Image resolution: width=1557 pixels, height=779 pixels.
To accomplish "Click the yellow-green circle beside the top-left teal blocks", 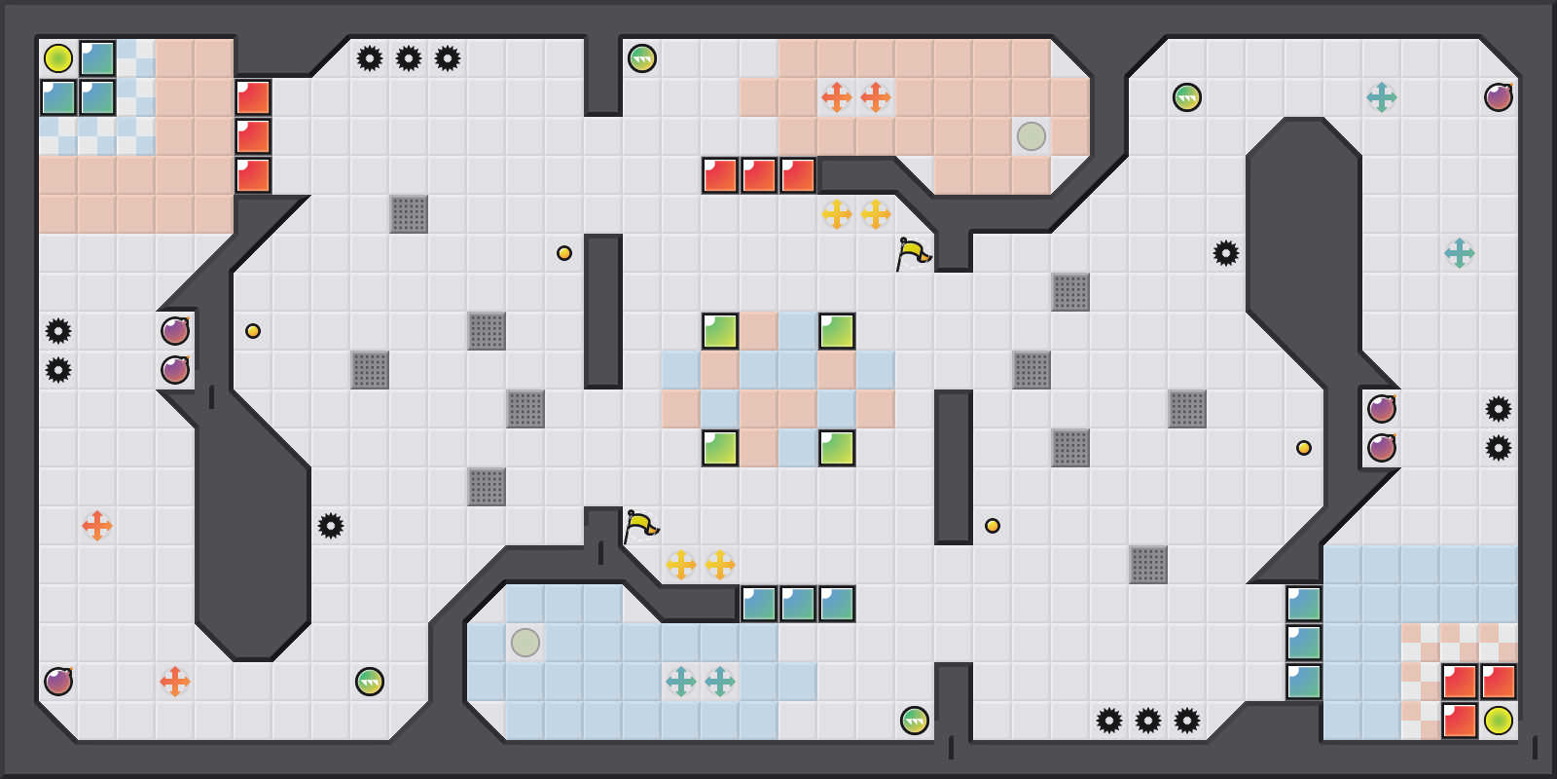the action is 58,58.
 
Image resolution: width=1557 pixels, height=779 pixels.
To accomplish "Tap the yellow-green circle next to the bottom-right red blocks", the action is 1499,721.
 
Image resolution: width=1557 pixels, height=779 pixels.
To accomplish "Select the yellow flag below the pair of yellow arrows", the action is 913,253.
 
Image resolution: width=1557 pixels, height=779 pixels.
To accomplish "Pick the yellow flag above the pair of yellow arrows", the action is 640,526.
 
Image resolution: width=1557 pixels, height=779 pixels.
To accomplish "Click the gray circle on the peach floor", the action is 1032,136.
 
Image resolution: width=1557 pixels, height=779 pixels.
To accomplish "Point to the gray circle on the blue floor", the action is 525,643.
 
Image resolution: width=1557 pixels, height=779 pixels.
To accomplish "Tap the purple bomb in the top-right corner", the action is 1499,97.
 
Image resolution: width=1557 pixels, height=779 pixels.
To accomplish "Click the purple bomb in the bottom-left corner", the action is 58,682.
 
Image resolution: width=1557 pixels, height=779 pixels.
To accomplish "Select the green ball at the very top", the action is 642,58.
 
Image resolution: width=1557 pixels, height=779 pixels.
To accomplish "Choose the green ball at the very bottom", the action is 915,721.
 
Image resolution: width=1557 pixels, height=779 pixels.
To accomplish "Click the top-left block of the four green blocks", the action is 720,331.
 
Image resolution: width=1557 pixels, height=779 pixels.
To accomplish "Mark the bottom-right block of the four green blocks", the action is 837,448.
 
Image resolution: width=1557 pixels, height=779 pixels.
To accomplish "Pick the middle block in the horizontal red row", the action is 759,175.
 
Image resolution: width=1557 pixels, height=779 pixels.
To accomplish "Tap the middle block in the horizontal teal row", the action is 798,604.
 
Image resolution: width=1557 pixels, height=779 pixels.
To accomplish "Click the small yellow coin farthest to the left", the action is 253,331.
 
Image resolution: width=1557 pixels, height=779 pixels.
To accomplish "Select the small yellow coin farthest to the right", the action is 1304,448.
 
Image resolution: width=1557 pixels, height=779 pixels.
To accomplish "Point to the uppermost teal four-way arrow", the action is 1382,97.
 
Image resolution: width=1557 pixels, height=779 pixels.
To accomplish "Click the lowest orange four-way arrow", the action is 175,682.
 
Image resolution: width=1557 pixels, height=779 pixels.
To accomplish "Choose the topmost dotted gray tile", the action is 409,214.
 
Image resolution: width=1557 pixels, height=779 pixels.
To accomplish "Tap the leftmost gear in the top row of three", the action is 370,58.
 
